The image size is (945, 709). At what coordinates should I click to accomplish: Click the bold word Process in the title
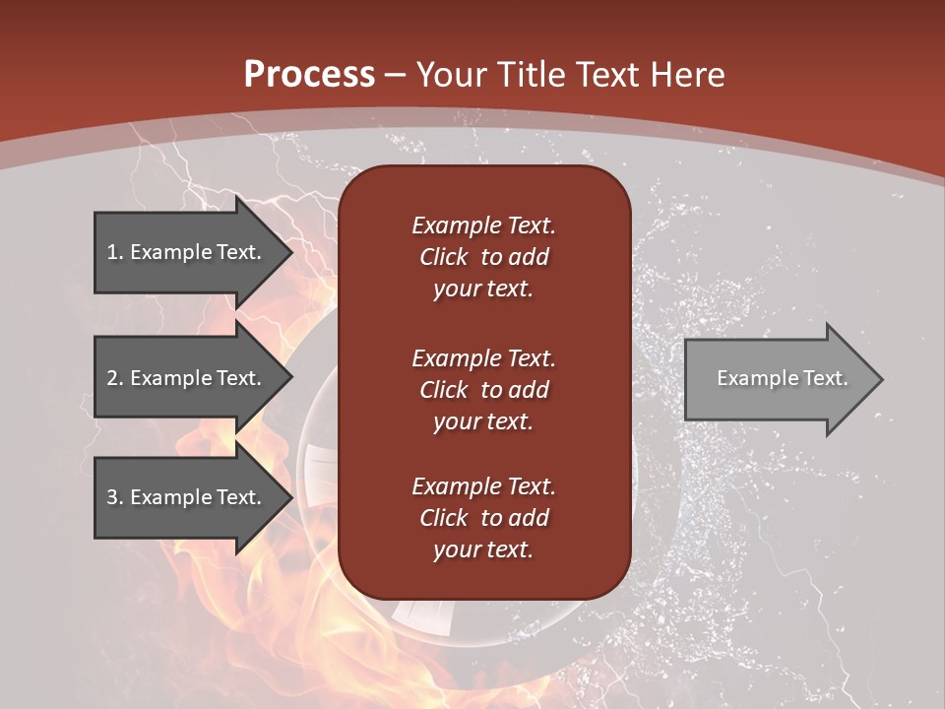click(x=309, y=74)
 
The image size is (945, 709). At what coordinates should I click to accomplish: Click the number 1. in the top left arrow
click(x=114, y=252)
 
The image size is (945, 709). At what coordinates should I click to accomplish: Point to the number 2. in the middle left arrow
click(x=114, y=378)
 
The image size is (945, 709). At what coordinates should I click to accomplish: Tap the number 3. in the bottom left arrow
click(x=114, y=497)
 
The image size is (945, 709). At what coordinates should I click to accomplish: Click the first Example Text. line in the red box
click(x=483, y=226)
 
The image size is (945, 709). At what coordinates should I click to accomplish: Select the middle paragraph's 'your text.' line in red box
click(x=483, y=421)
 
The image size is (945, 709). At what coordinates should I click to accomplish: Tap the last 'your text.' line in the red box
click(x=483, y=550)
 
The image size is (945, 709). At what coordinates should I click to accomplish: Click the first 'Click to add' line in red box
click(x=483, y=257)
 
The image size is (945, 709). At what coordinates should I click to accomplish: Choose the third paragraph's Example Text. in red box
click(x=483, y=486)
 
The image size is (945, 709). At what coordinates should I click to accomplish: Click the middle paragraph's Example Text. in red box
click(x=483, y=357)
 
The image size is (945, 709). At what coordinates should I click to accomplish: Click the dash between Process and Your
click(x=396, y=75)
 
